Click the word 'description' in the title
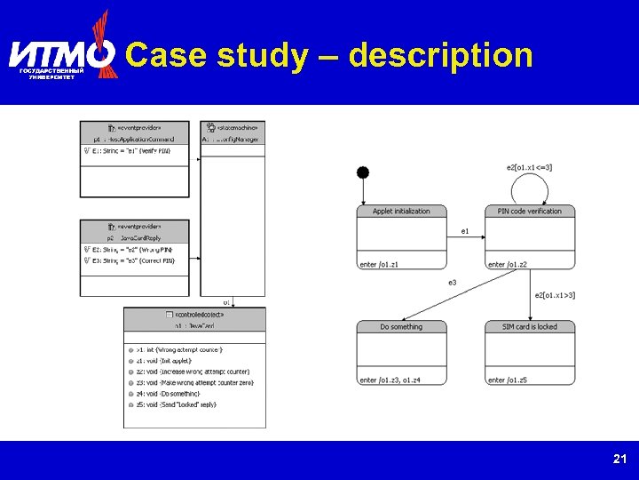[x=441, y=55]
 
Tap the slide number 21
[x=619, y=460]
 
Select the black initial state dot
[x=362, y=172]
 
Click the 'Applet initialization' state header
[x=402, y=212]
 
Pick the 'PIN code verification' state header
[x=530, y=212]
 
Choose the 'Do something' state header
[x=402, y=327]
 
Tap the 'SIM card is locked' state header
[x=530, y=327]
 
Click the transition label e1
[x=465, y=231]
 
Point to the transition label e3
[x=452, y=283]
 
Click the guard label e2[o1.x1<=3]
[x=529, y=167]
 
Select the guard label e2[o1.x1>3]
[x=555, y=295]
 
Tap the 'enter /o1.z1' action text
[x=380, y=265]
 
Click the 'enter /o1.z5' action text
[x=508, y=380]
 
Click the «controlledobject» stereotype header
[x=194, y=314]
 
